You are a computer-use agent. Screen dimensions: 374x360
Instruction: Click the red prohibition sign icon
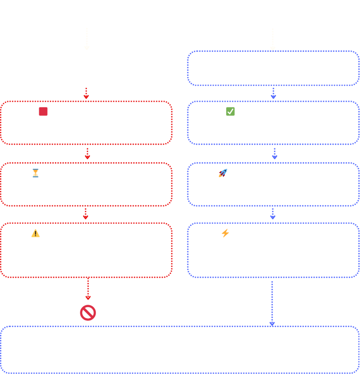tap(88, 312)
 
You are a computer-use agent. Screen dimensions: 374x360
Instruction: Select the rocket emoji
tap(222, 173)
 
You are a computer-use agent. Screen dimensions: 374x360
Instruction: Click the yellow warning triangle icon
tap(35, 233)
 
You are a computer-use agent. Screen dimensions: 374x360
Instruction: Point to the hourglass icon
tap(35, 173)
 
